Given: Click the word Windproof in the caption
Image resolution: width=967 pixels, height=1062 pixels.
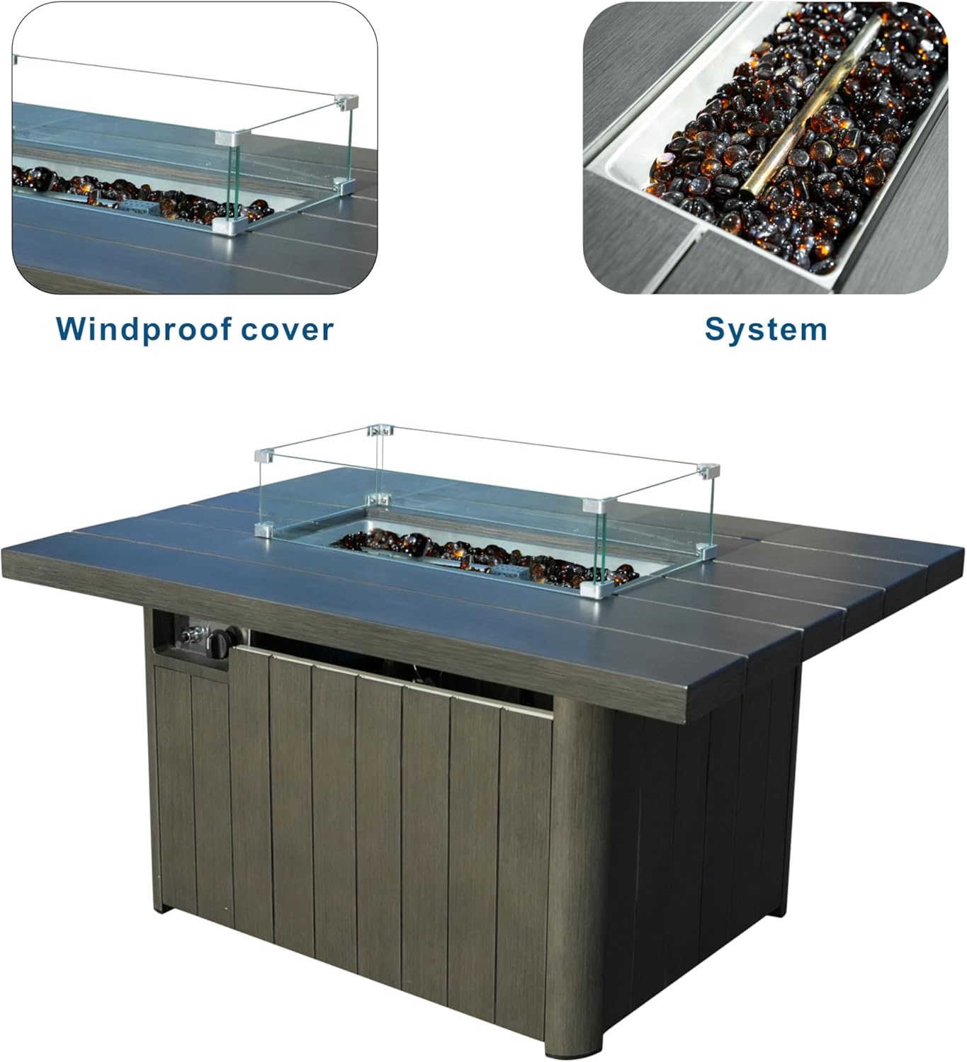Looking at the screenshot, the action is [144, 330].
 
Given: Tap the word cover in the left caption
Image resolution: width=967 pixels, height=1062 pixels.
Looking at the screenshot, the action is [287, 330].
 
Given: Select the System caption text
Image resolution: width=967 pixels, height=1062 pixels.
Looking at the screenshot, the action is [766, 330].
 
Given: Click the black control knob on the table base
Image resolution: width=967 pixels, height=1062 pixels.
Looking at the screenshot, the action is [217, 644].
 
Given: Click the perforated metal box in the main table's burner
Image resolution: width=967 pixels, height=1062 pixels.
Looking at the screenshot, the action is [509, 572].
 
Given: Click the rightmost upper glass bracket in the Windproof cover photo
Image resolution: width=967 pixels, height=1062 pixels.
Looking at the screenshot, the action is [346, 102].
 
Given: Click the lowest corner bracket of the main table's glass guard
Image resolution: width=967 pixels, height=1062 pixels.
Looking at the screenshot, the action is [594, 589].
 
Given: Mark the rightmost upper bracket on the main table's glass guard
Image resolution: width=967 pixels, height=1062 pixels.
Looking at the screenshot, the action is [708, 470].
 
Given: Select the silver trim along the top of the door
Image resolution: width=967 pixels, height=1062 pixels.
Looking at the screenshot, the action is [394, 680].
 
